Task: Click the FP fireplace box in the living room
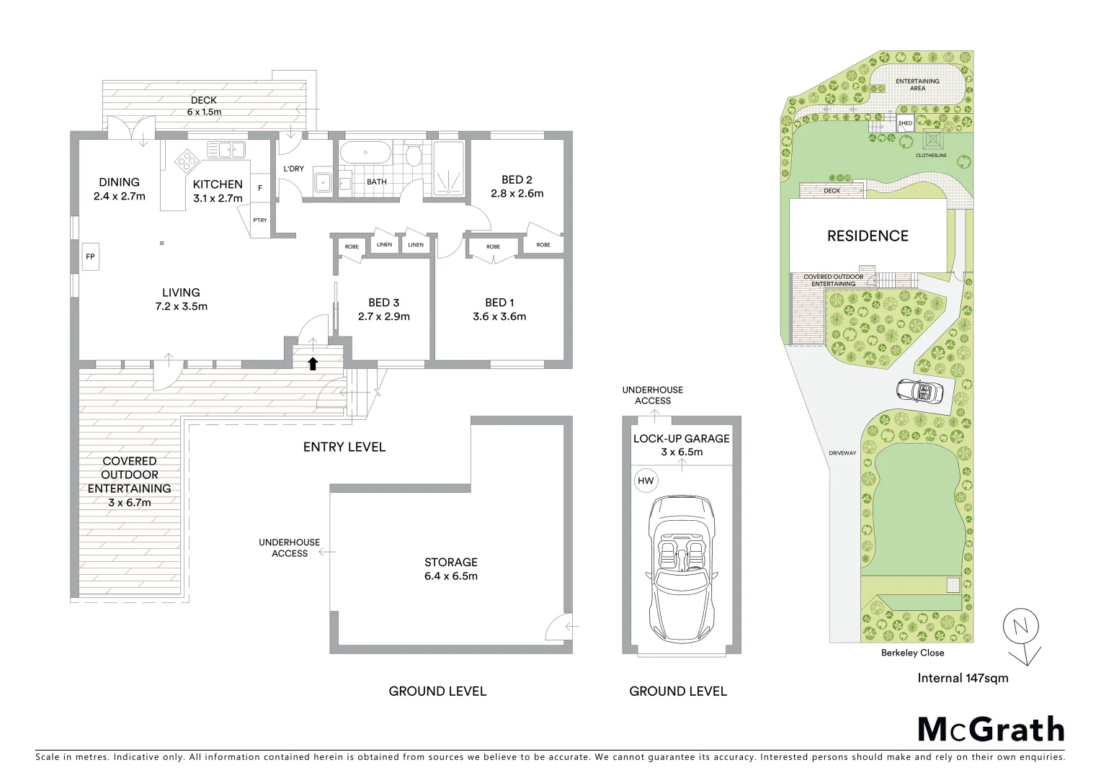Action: pos(90,256)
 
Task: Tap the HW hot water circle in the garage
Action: pos(646,480)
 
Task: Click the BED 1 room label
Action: pos(499,303)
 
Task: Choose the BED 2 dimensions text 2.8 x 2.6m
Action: pos(517,193)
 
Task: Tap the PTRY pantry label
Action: pos(259,220)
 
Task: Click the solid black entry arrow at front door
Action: pos(313,364)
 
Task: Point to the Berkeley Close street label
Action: pos(912,653)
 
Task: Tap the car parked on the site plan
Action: pos(919,392)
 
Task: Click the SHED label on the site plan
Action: pos(905,123)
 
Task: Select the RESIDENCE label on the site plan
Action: pos(868,236)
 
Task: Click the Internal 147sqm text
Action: pos(963,678)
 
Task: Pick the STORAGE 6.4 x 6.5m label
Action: pos(451,568)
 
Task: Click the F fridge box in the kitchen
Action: pos(259,188)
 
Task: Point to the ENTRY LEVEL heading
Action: pos(344,447)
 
